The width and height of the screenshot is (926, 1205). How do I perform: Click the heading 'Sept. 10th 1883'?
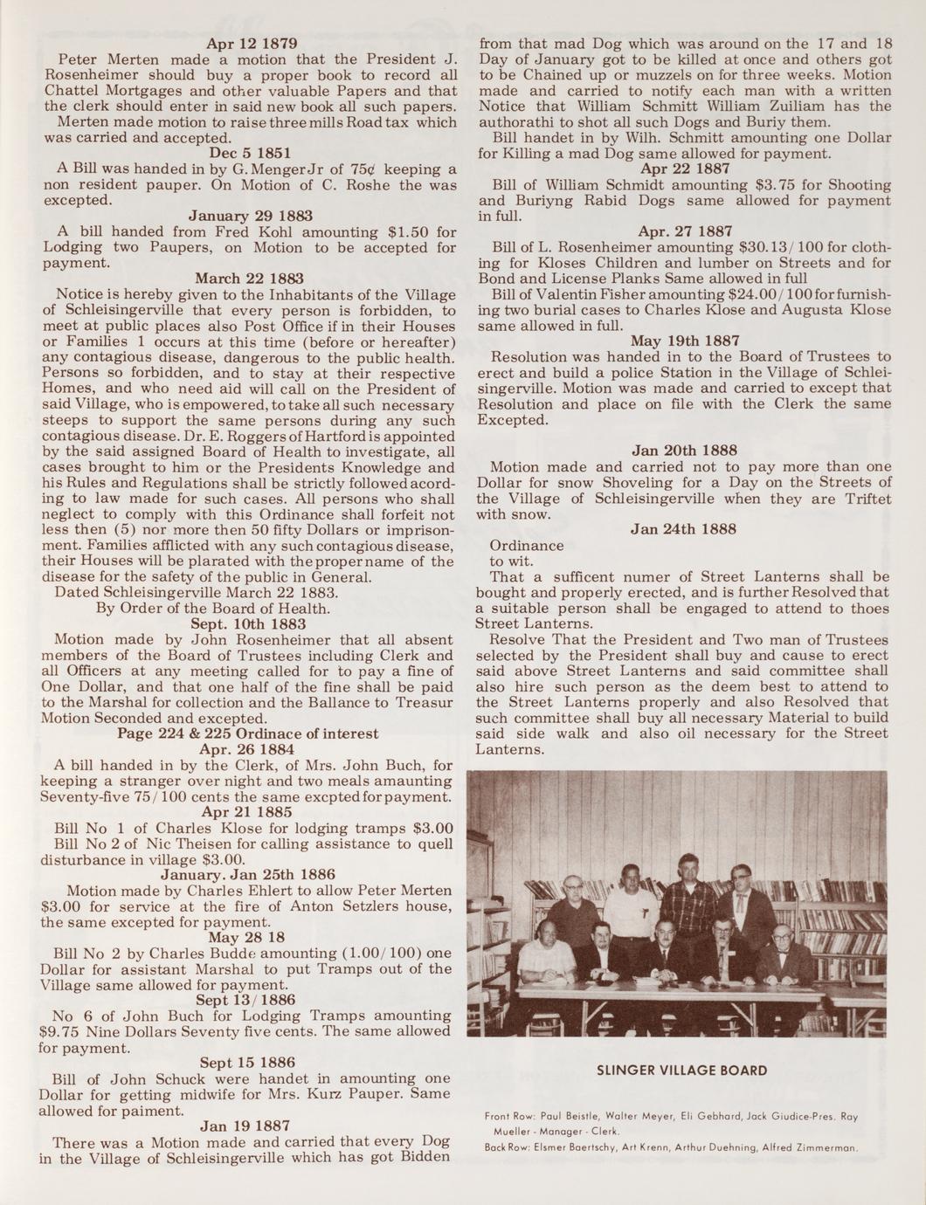pyautogui.click(x=248, y=623)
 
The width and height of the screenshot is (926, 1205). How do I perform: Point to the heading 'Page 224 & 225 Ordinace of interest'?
pyautogui.click(x=248, y=733)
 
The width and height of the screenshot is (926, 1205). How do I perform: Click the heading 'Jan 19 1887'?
pyautogui.click(x=245, y=1126)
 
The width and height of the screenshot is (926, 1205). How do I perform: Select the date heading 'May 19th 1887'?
pyautogui.click(x=685, y=341)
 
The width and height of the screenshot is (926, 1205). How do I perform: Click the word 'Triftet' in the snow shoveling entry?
pyautogui.click(x=862, y=499)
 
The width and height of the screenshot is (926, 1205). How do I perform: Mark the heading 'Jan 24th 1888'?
pyautogui.click(x=683, y=529)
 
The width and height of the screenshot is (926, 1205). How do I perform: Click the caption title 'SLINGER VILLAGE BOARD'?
pyautogui.click(x=681, y=1071)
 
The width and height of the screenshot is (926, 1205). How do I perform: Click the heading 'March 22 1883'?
pyautogui.click(x=248, y=279)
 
